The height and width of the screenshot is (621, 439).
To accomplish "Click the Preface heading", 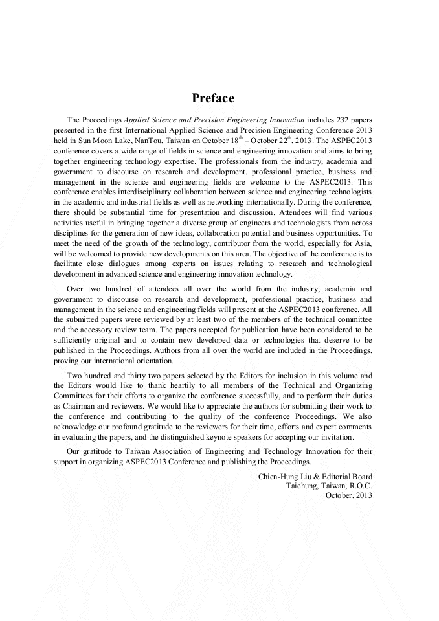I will tap(213, 98).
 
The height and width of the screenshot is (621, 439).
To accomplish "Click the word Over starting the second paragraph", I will tap(76, 289).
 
